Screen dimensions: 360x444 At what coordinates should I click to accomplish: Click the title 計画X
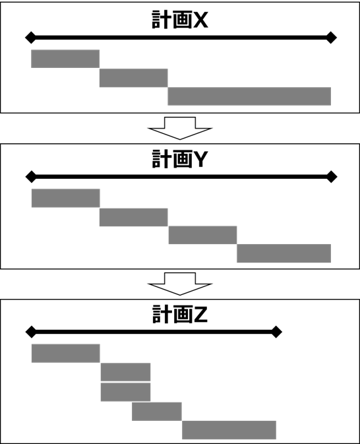[180, 20]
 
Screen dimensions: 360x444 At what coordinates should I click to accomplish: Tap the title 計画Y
[180, 159]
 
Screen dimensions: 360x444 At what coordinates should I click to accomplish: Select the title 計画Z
[180, 314]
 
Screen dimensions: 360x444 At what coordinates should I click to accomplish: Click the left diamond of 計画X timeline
[30, 38]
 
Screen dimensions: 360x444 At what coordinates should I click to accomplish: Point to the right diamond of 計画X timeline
[331, 38]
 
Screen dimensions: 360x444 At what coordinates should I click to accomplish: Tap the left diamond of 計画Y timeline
[31, 177]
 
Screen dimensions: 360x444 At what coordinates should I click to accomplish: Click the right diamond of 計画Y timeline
[332, 177]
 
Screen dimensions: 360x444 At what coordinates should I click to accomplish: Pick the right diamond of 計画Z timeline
[276, 332]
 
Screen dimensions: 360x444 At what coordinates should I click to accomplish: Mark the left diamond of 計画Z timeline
[31, 332]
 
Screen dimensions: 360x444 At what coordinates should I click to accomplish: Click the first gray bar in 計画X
[65, 59]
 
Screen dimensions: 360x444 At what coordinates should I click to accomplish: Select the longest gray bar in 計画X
[249, 96]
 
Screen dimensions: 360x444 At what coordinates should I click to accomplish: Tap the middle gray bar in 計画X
[134, 78]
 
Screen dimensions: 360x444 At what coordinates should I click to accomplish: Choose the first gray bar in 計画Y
[66, 198]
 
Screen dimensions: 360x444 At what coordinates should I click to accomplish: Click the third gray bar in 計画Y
[202, 235]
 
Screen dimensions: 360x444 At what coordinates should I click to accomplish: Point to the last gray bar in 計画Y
[284, 253]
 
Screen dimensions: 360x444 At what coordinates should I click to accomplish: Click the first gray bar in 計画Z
[66, 353]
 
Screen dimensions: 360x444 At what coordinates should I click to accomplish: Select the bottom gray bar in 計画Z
[229, 430]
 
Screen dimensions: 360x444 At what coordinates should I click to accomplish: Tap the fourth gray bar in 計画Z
[157, 412]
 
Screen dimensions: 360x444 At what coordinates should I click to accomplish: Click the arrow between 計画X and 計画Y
[180, 128]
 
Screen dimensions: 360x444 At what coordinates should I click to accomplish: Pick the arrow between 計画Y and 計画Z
[180, 284]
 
